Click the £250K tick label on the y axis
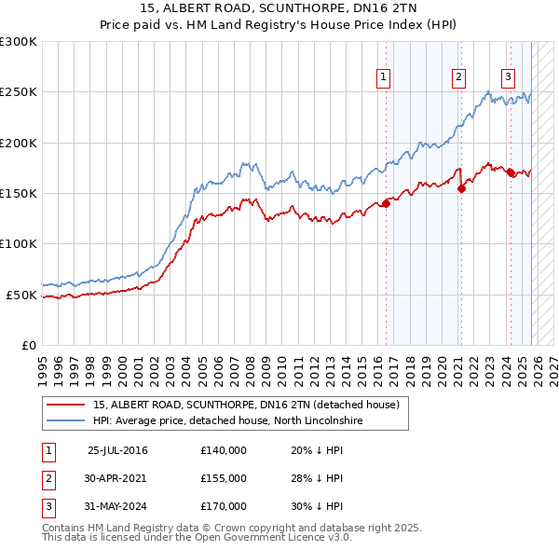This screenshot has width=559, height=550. coord(19,92)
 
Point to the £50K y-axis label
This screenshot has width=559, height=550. coord(21,295)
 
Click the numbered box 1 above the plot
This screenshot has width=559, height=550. coord(384,77)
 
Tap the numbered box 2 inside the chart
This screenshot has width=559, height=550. coord(459,77)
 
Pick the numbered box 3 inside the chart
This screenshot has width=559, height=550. coord(509,77)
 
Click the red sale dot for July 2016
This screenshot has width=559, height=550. coord(386,204)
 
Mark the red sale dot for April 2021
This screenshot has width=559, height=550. coord(461,188)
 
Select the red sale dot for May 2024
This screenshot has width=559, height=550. coord(511,173)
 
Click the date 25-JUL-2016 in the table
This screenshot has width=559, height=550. coord(117,450)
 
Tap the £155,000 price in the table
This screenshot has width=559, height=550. coord(224,478)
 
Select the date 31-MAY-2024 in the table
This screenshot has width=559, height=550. coord(117,506)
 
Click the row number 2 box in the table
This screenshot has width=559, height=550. coord(48,478)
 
